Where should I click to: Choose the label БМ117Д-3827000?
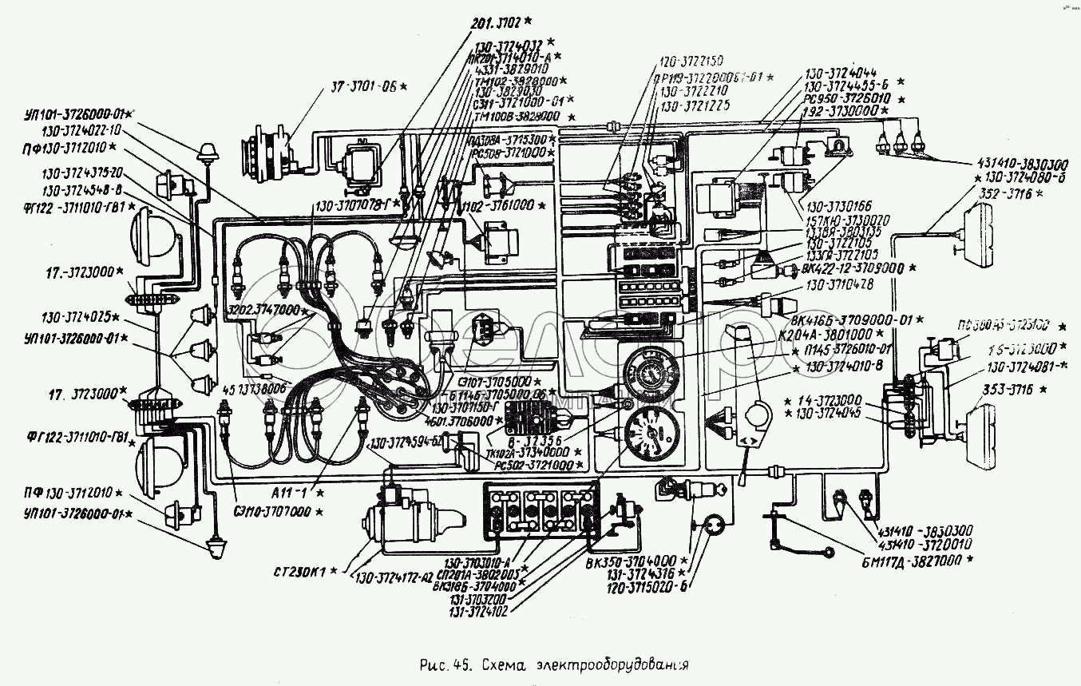pos(925,562)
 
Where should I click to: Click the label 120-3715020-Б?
pos(643,587)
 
